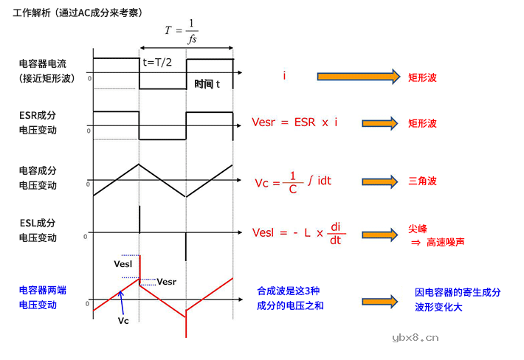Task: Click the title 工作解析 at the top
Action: click(34, 13)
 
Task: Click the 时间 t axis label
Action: click(207, 84)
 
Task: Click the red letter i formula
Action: click(284, 76)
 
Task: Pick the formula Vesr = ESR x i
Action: click(294, 122)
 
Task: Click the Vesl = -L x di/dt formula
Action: click(298, 233)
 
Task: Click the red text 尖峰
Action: click(417, 229)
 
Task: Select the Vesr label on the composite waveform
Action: click(168, 281)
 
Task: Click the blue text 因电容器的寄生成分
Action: click(458, 293)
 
